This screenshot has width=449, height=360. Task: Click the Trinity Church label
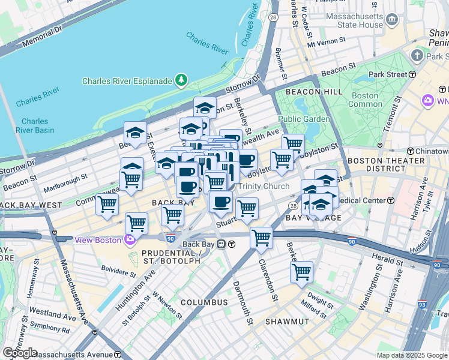[x=264, y=186]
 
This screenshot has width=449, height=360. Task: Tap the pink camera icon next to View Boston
[x=130, y=240]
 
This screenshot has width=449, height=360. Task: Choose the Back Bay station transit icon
[x=221, y=244]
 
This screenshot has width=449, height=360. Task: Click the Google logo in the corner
[x=19, y=353]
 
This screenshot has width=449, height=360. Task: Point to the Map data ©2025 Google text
[x=412, y=355]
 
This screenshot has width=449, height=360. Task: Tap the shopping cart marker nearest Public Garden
[x=293, y=143]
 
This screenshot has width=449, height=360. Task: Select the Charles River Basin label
[x=34, y=125]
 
